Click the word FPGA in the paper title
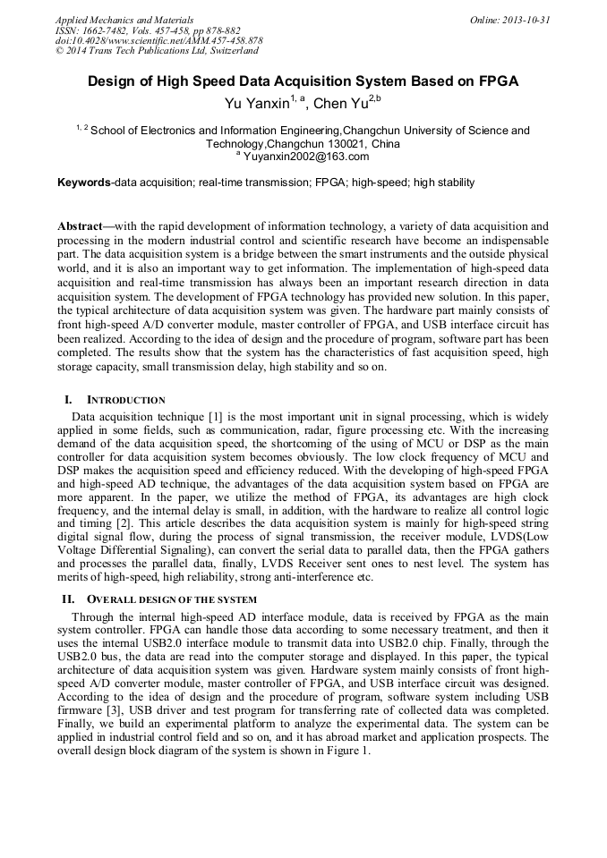coord(500,81)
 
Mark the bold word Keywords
coord(83,183)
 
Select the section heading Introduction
coord(124,399)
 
